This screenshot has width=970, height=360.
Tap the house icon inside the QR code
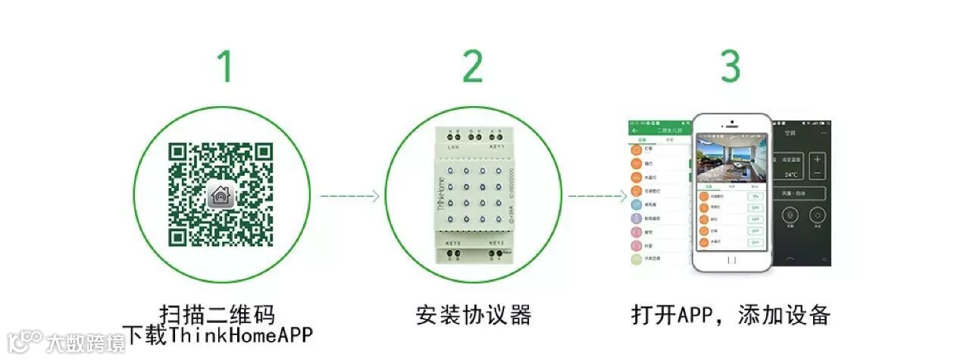pos(221,196)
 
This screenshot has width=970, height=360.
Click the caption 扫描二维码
pos(217,314)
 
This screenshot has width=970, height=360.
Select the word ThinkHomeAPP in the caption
pos(240,335)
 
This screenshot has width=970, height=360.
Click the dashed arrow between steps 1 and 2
pos(349,196)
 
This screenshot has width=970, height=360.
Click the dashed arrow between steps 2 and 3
pos(598,196)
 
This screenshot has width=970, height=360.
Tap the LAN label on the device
pos(454,146)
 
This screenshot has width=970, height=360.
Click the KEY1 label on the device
pos(496,146)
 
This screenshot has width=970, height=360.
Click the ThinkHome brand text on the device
pos(442,194)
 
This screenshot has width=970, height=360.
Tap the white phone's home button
pos(731,260)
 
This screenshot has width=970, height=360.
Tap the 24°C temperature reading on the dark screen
pos(792,174)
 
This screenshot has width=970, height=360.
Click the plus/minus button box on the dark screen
pos(817,166)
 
